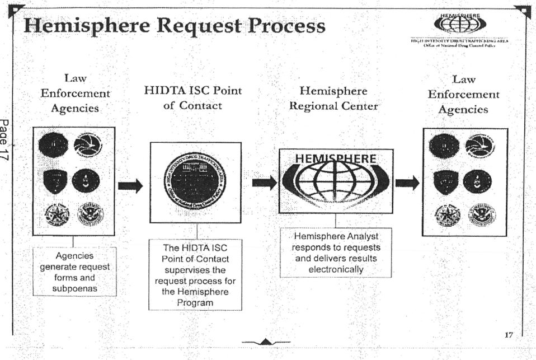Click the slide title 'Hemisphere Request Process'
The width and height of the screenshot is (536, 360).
(175, 26)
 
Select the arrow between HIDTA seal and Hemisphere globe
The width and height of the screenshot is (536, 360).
(264, 183)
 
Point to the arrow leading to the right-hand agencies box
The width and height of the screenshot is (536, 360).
(407, 183)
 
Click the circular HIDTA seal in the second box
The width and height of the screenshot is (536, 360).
(195, 183)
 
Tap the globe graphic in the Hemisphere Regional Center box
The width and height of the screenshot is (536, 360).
(336, 182)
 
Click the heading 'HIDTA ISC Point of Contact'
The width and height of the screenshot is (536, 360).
(193, 98)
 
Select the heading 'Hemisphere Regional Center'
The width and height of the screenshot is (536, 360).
(333, 98)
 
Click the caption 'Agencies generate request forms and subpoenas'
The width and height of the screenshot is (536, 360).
(74, 271)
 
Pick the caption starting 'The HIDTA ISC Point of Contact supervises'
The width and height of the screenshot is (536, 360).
(195, 274)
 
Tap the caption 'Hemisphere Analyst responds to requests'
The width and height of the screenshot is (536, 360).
(336, 253)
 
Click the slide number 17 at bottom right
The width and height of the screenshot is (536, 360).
(509, 335)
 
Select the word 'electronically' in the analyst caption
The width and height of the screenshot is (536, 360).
(336, 269)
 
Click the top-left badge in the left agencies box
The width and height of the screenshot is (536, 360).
(54, 146)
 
